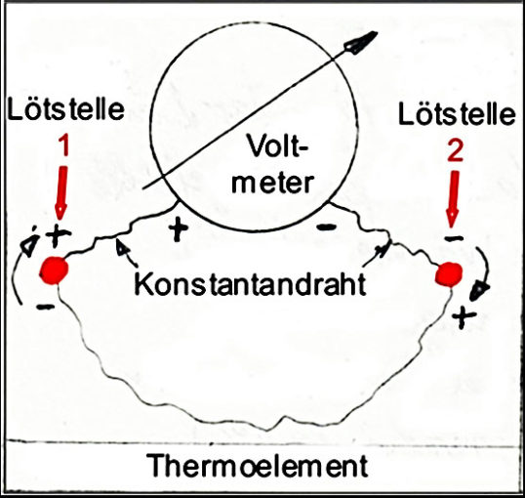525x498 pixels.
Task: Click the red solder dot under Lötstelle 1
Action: [54, 270]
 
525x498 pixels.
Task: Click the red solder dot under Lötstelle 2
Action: [449, 274]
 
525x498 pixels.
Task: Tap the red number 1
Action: [64, 146]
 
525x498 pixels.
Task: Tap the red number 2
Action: [455, 152]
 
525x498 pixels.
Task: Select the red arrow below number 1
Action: [61, 193]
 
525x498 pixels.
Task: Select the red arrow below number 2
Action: [454, 200]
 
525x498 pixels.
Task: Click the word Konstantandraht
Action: [250, 284]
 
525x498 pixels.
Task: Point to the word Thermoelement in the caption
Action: [257, 466]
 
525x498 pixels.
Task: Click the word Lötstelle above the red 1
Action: [65, 108]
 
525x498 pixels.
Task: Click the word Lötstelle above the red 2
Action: [457, 113]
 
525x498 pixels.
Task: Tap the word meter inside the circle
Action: [272, 183]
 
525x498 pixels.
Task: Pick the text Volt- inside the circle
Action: [276, 146]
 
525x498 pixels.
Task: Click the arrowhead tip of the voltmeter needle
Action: [378, 32]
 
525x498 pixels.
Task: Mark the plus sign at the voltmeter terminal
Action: [179, 228]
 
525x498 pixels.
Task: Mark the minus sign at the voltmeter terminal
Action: [326, 228]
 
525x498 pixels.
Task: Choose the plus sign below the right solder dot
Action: [464, 316]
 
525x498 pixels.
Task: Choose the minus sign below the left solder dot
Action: [46, 306]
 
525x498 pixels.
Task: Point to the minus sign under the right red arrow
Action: [454, 238]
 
